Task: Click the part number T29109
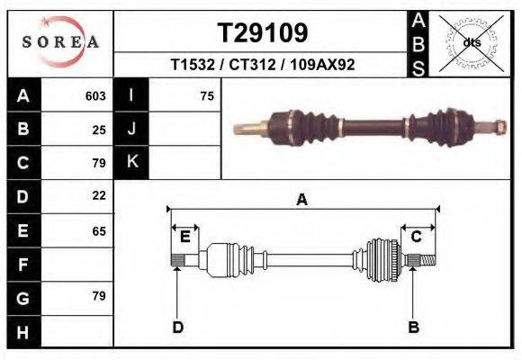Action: coord(263,33)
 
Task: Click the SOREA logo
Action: coord(60,42)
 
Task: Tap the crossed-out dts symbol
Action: coord(472,42)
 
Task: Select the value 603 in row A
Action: coord(95,96)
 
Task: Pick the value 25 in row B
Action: coord(99,130)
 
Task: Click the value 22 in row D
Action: coord(99,195)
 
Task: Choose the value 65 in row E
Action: coord(99,231)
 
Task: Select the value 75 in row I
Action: coord(207,96)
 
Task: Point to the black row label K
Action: coord(131,162)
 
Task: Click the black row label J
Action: coord(131,130)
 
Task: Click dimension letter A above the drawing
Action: coord(301,200)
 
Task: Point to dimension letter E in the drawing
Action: coord(184,237)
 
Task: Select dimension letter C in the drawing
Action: coord(417,237)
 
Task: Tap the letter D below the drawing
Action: coord(177,328)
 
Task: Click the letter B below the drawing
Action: coord(414,328)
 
